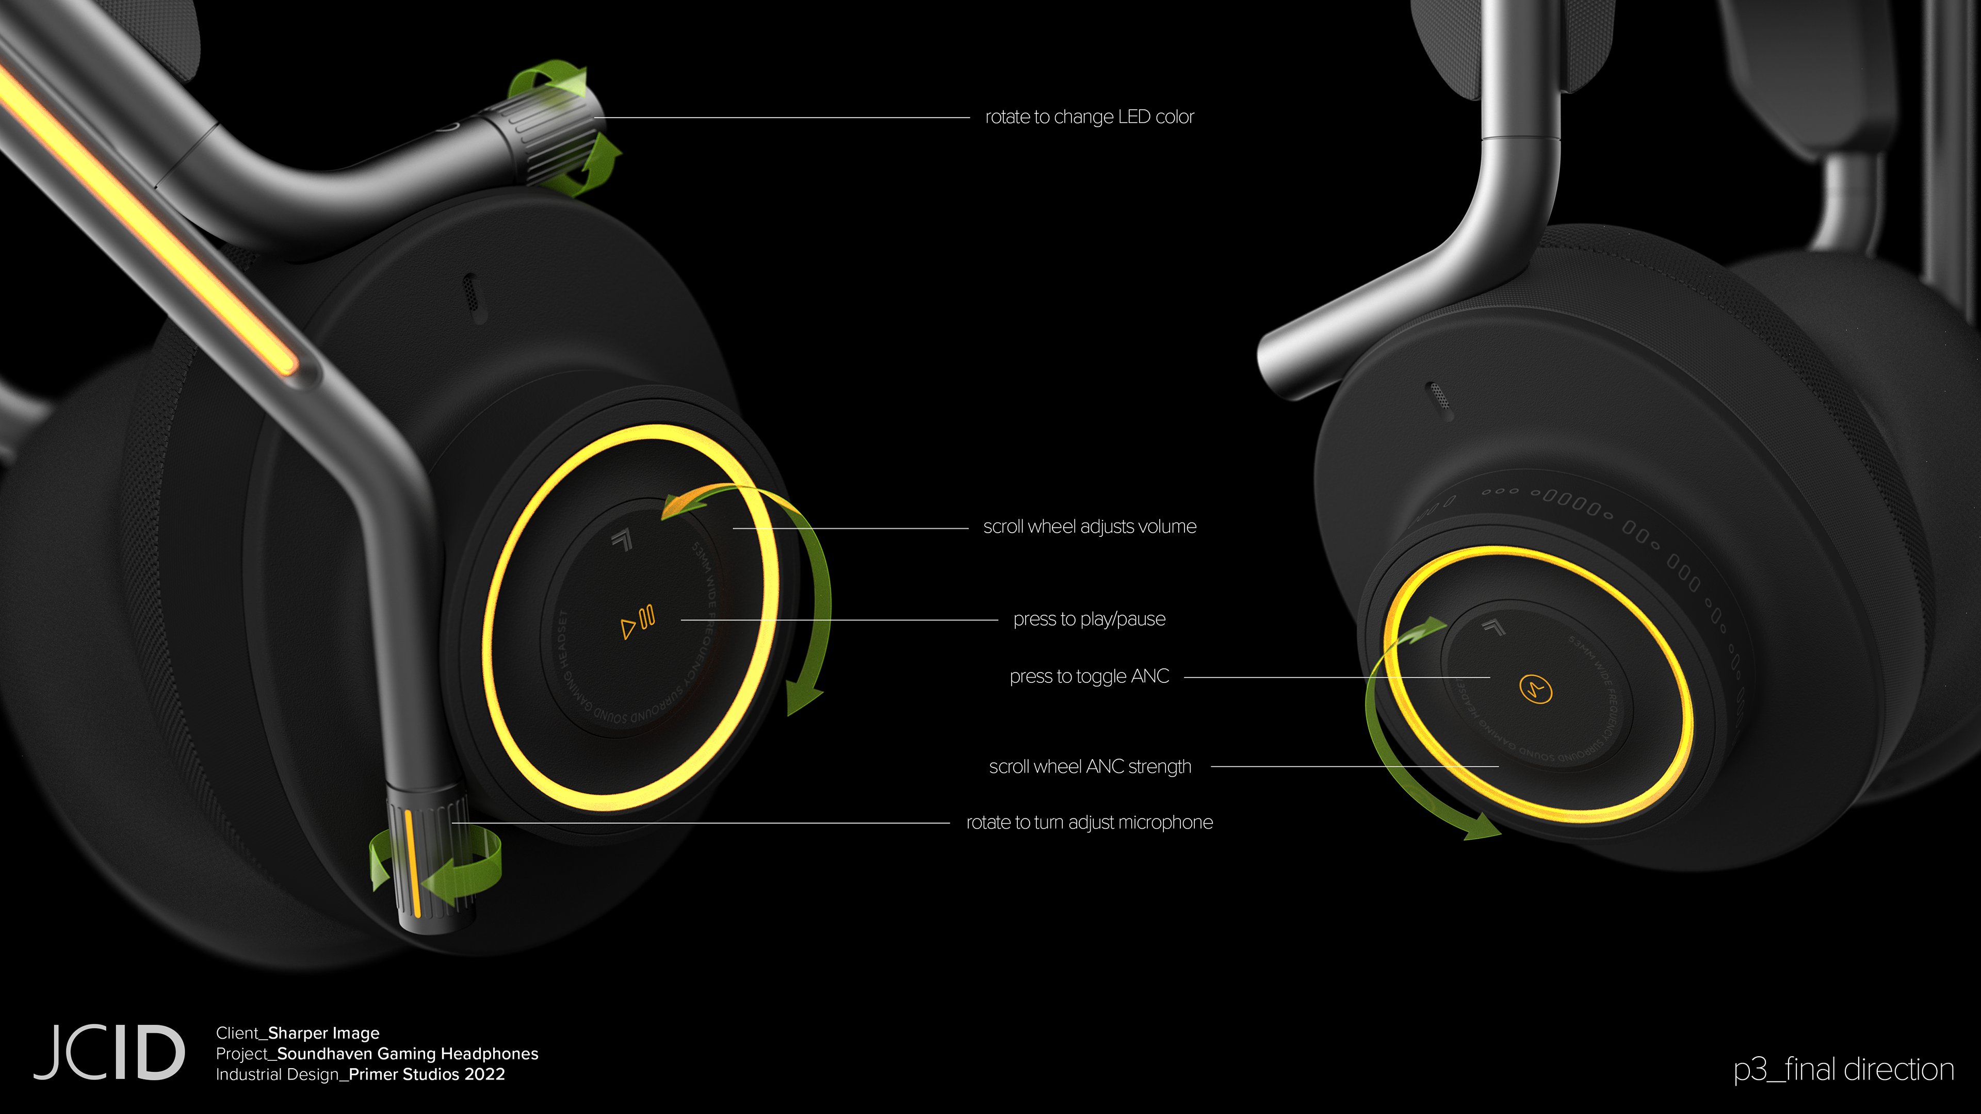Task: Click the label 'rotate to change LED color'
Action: pos(1089,117)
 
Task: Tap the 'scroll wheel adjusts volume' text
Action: pos(1089,527)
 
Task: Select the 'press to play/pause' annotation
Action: pos(1089,619)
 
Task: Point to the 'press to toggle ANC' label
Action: pos(1089,677)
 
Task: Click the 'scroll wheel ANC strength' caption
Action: pos(1090,766)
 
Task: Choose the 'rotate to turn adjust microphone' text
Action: pos(1089,823)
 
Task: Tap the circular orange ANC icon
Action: pos(1536,689)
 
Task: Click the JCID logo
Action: pos(108,1053)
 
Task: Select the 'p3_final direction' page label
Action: pos(1843,1070)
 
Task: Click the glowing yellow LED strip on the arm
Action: pos(146,223)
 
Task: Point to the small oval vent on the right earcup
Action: pos(1439,399)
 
